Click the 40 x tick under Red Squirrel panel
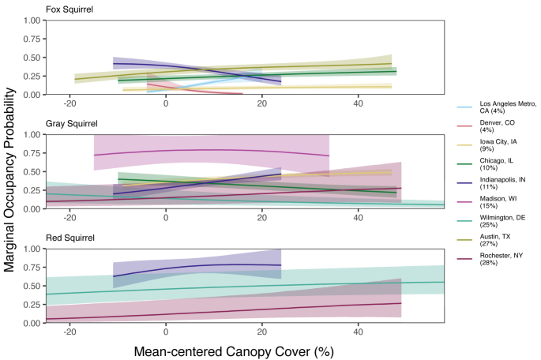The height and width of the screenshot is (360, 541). pyautogui.click(x=358, y=332)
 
